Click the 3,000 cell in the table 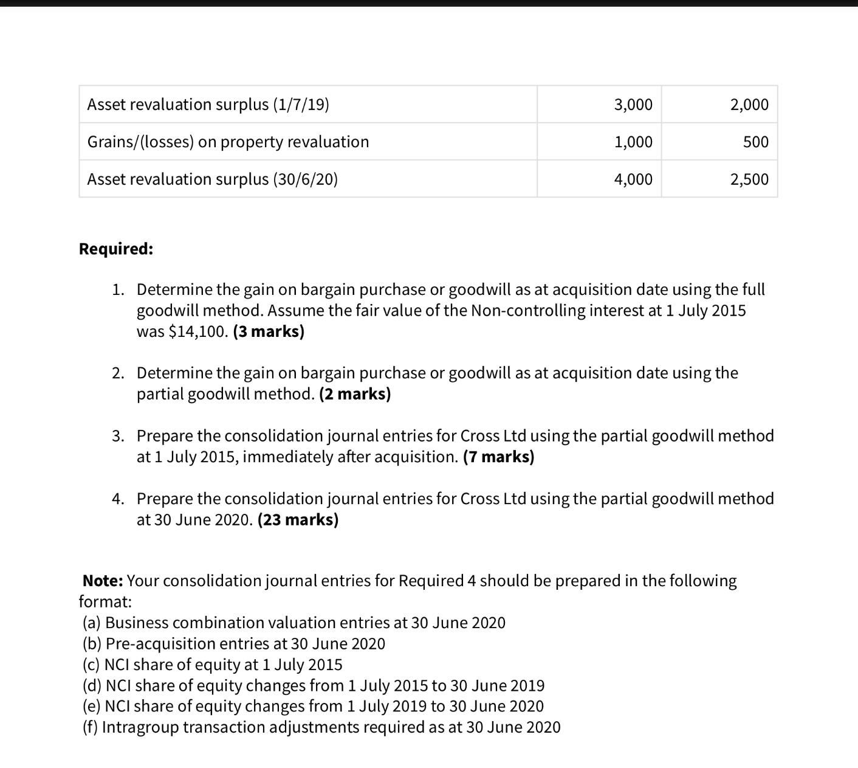tap(633, 105)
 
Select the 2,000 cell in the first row tap(749, 105)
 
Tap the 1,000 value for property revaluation tap(633, 142)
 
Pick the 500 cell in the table tap(756, 142)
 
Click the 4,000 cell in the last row tap(633, 179)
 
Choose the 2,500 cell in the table tap(749, 179)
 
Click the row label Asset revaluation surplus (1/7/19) tap(208, 105)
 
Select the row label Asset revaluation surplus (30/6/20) tap(212, 179)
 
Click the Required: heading tap(116, 249)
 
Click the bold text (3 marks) tap(269, 331)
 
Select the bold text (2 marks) tap(355, 394)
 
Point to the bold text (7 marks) tap(498, 457)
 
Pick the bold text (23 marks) tap(298, 520)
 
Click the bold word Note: tap(103, 581)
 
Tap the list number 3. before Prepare tap(118, 436)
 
